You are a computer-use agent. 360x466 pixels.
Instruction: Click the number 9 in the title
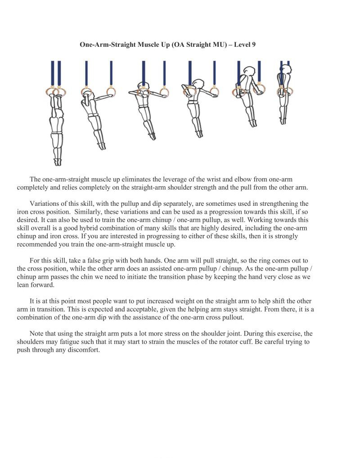(x=254, y=45)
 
